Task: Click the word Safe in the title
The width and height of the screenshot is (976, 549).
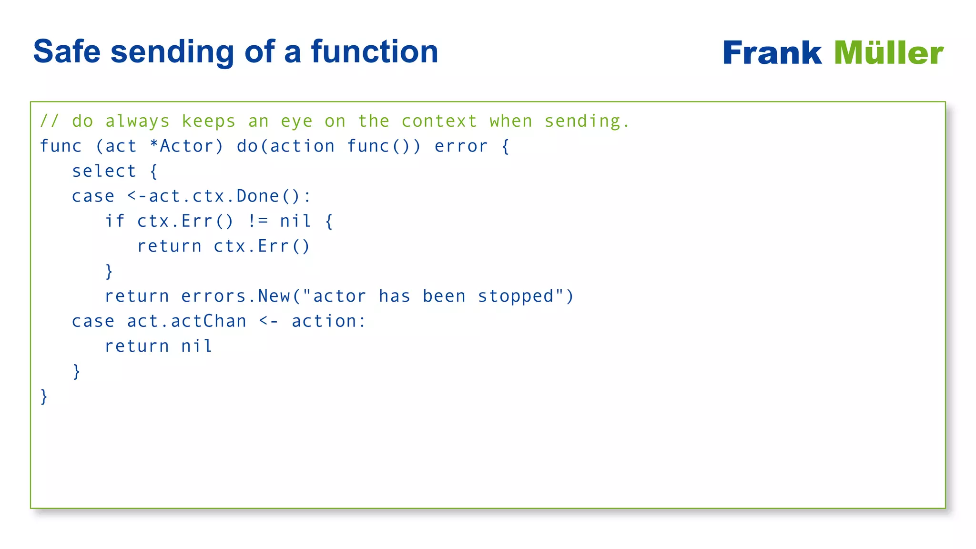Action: click(67, 51)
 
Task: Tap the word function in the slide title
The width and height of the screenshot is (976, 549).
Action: click(374, 51)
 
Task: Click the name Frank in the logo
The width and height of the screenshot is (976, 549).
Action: click(772, 52)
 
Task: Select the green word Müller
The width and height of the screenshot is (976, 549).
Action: click(888, 52)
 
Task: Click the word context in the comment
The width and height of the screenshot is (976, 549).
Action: click(439, 121)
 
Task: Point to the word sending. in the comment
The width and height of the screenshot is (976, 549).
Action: click(587, 121)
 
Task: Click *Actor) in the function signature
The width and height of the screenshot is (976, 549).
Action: click(186, 146)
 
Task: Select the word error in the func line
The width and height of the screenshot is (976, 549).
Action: click(461, 146)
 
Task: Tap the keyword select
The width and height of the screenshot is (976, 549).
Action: click(104, 171)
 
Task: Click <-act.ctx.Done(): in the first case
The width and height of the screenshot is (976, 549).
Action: click(219, 196)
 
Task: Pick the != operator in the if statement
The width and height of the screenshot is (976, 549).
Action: click(258, 221)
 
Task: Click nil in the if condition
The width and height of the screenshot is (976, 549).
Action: click(295, 221)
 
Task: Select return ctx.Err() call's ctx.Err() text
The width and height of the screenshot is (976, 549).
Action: click(262, 246)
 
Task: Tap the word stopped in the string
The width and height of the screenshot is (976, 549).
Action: click(516, 296)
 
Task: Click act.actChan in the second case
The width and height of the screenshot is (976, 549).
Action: click(186, 321)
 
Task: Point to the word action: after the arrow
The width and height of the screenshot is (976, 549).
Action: click(328, 321)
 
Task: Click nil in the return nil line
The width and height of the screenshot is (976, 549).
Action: click(196, 346)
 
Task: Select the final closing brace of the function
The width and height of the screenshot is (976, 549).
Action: click(44, 396)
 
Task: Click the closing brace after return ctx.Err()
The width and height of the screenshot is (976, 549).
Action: click(109, 271)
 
